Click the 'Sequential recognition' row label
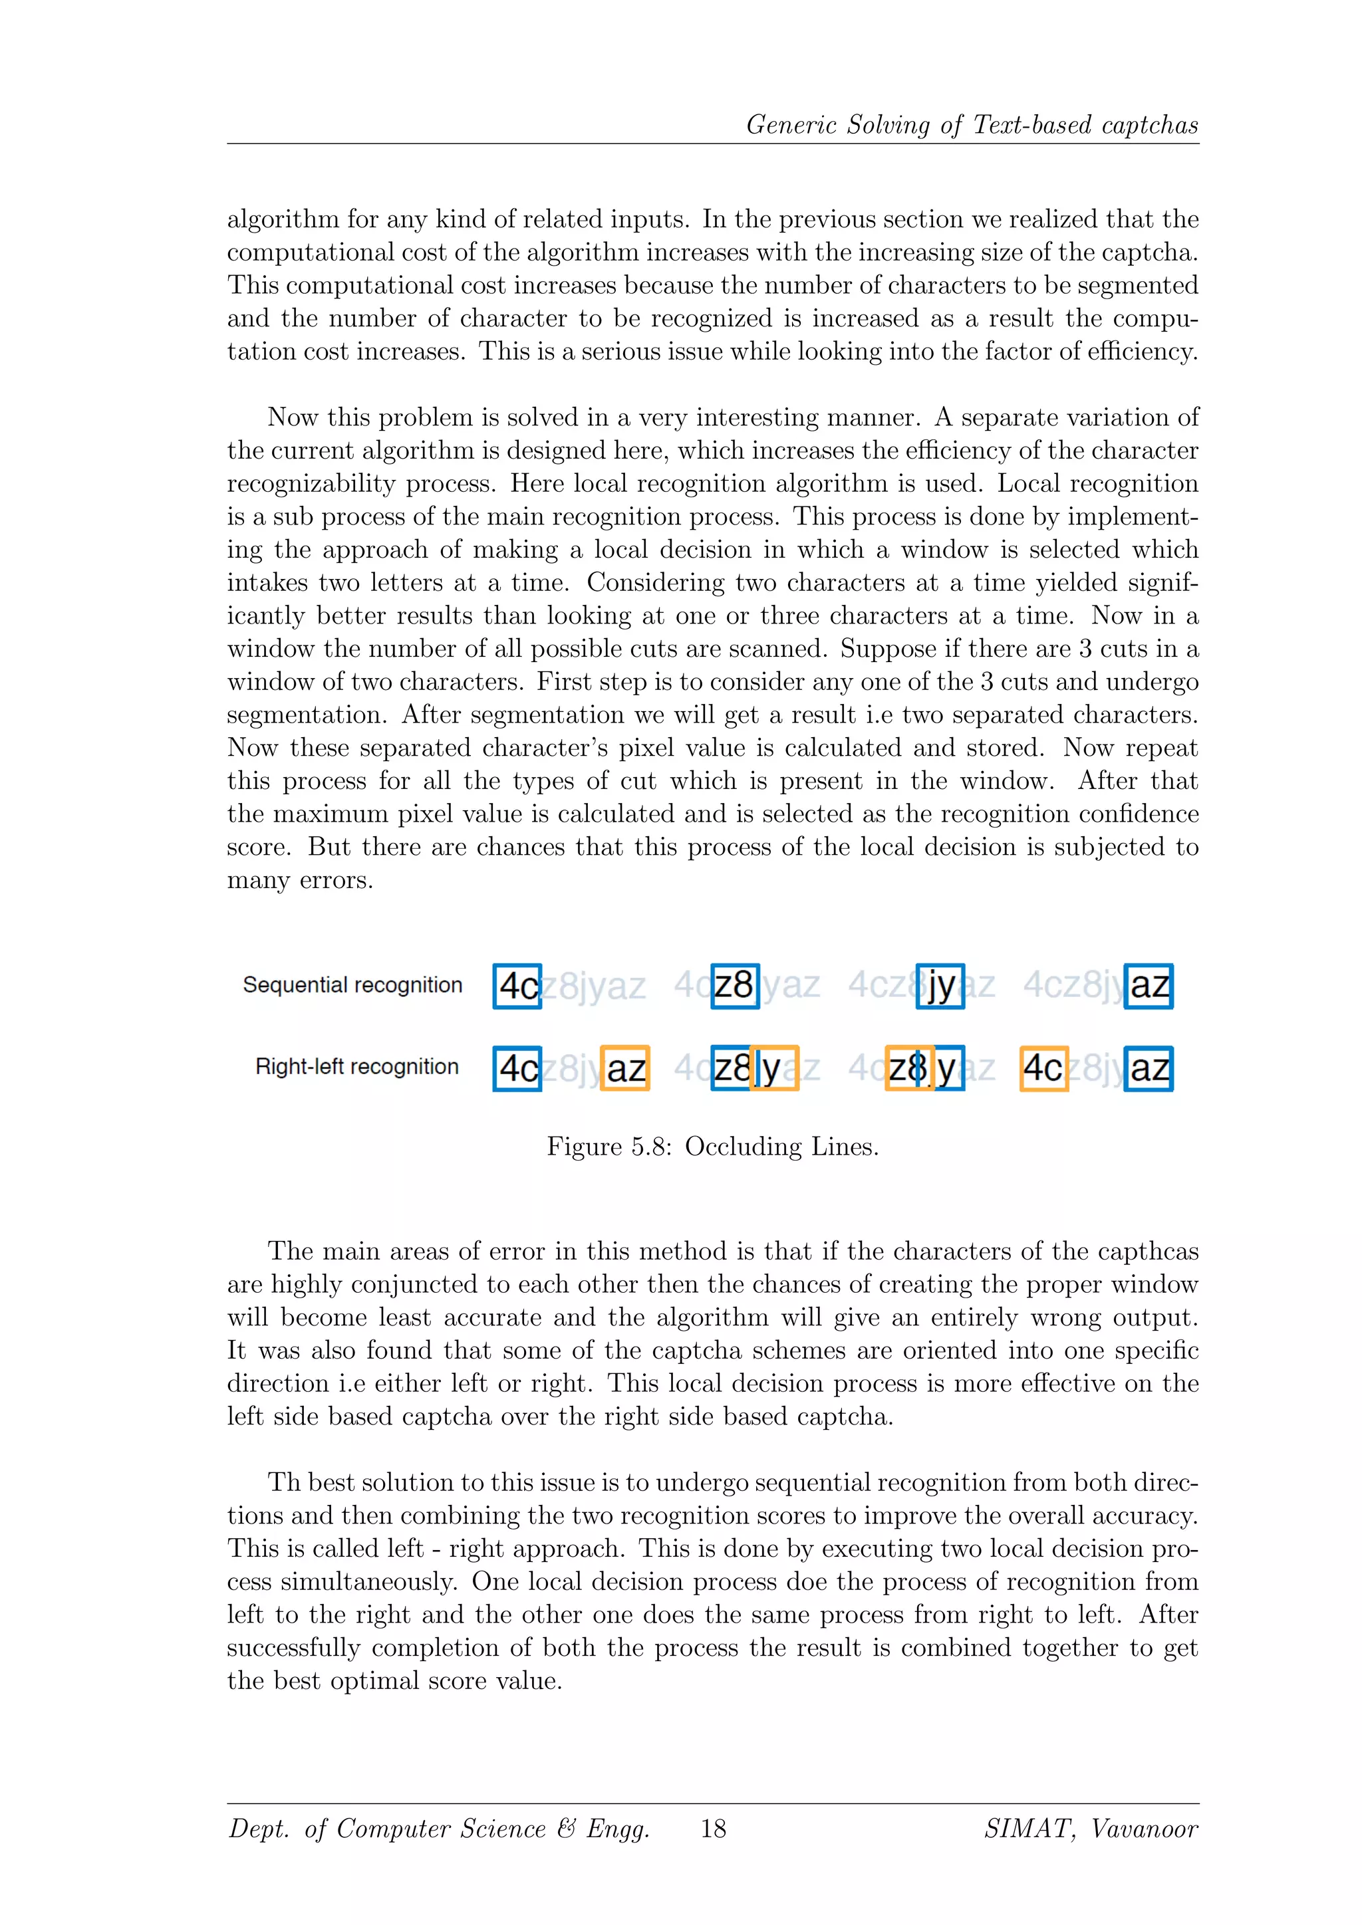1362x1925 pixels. point(352,984)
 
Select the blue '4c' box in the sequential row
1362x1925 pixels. point(517,986)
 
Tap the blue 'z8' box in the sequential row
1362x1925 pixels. point(735,986)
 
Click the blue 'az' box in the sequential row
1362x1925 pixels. point(1148,986)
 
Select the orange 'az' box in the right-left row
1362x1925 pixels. point(625,1068)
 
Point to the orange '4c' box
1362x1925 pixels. point(1043,1068)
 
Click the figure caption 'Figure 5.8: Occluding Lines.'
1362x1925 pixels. point(713,1146)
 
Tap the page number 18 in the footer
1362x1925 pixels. point(713,1829)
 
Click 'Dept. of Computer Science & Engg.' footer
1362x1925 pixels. point(439,1829)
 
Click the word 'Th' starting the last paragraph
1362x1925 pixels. point(283,1482)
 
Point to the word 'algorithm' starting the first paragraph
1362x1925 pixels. point(283,219)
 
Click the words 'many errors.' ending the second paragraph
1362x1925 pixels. point(299,880)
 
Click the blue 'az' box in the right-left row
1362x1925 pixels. point(1148,1068)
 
